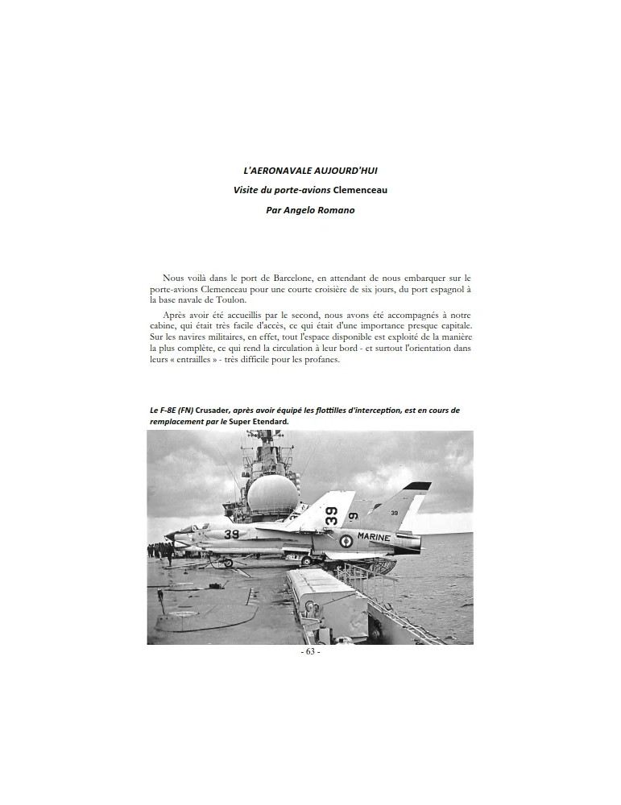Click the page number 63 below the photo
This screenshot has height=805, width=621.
pos(310,652)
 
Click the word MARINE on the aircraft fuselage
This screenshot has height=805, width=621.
pos(373,537)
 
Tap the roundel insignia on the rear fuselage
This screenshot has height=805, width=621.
pos(346,540)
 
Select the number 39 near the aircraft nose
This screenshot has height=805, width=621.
pos(232,533)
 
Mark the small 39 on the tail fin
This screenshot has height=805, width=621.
pos(394,512)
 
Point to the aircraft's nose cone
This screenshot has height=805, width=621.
pos(169,535)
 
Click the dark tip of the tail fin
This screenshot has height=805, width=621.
pos(420,488)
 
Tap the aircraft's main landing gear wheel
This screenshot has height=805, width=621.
pos(306,560)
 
